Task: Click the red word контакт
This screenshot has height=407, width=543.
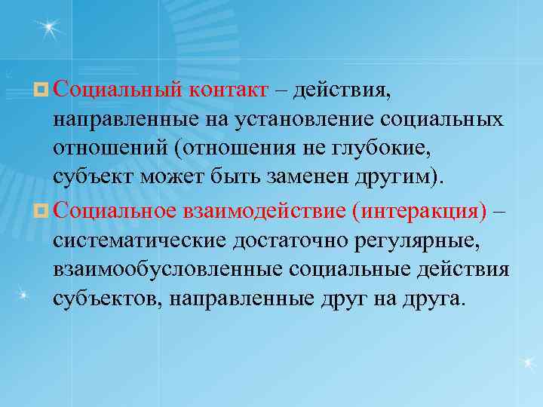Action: pyautogui.click(x=234, y=90)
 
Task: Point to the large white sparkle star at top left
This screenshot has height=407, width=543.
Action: pyautogui.click(x=50, y=29)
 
